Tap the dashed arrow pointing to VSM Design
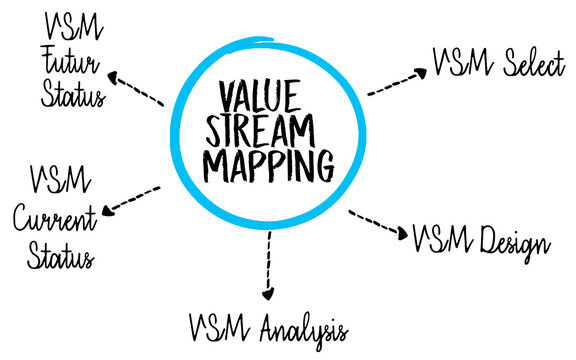click(381, 226)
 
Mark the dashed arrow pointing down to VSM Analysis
click(268, 264)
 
